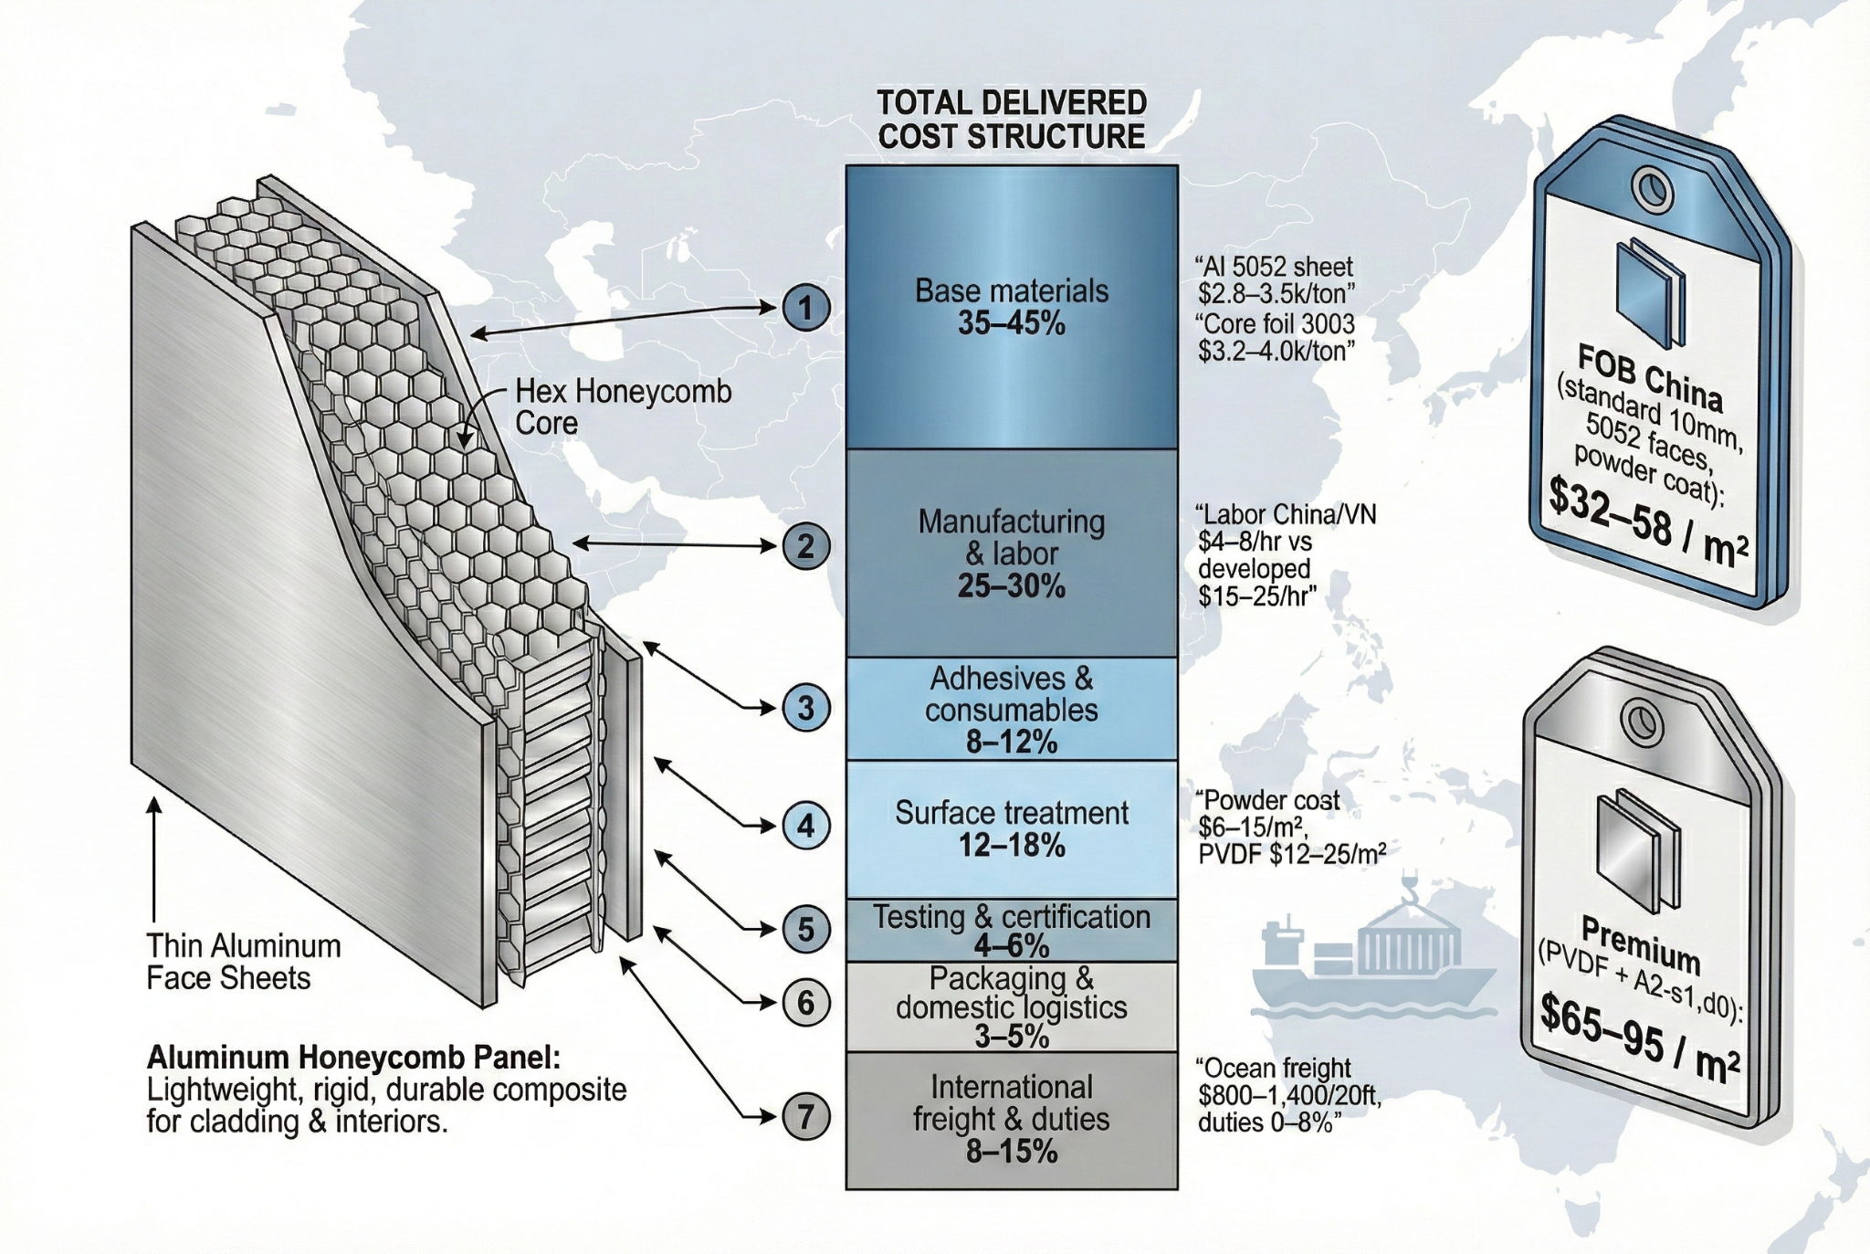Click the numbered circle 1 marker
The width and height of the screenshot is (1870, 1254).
click(x=805, y=309)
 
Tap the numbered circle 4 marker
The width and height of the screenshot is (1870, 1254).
click(x=805, y=827)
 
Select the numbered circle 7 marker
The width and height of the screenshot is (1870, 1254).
click(x=805, y=1116)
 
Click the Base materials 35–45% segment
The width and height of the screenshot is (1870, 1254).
click(x=1012, y=307)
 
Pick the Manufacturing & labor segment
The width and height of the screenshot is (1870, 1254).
click(x=1012, y=553)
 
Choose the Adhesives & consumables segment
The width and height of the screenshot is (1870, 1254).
click(x=1012, y=709)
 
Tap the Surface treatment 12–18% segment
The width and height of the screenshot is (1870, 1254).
click(x=1012, y=828)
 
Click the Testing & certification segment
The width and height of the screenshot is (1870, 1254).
click(x=1012, y=930)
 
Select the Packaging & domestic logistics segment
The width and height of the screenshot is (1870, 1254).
click(x=1012, y=1006)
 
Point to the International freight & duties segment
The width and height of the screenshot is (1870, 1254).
click(x=1012, y=1120)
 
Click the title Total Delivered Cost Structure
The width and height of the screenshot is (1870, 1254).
click(x=1012, y=120)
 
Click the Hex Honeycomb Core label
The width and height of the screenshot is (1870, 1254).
click(x=624, y=407)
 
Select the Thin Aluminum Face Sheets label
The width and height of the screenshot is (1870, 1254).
click(x=244, y=962)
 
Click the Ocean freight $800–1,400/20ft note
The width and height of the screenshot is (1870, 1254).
click(x=1287, y=1094)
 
